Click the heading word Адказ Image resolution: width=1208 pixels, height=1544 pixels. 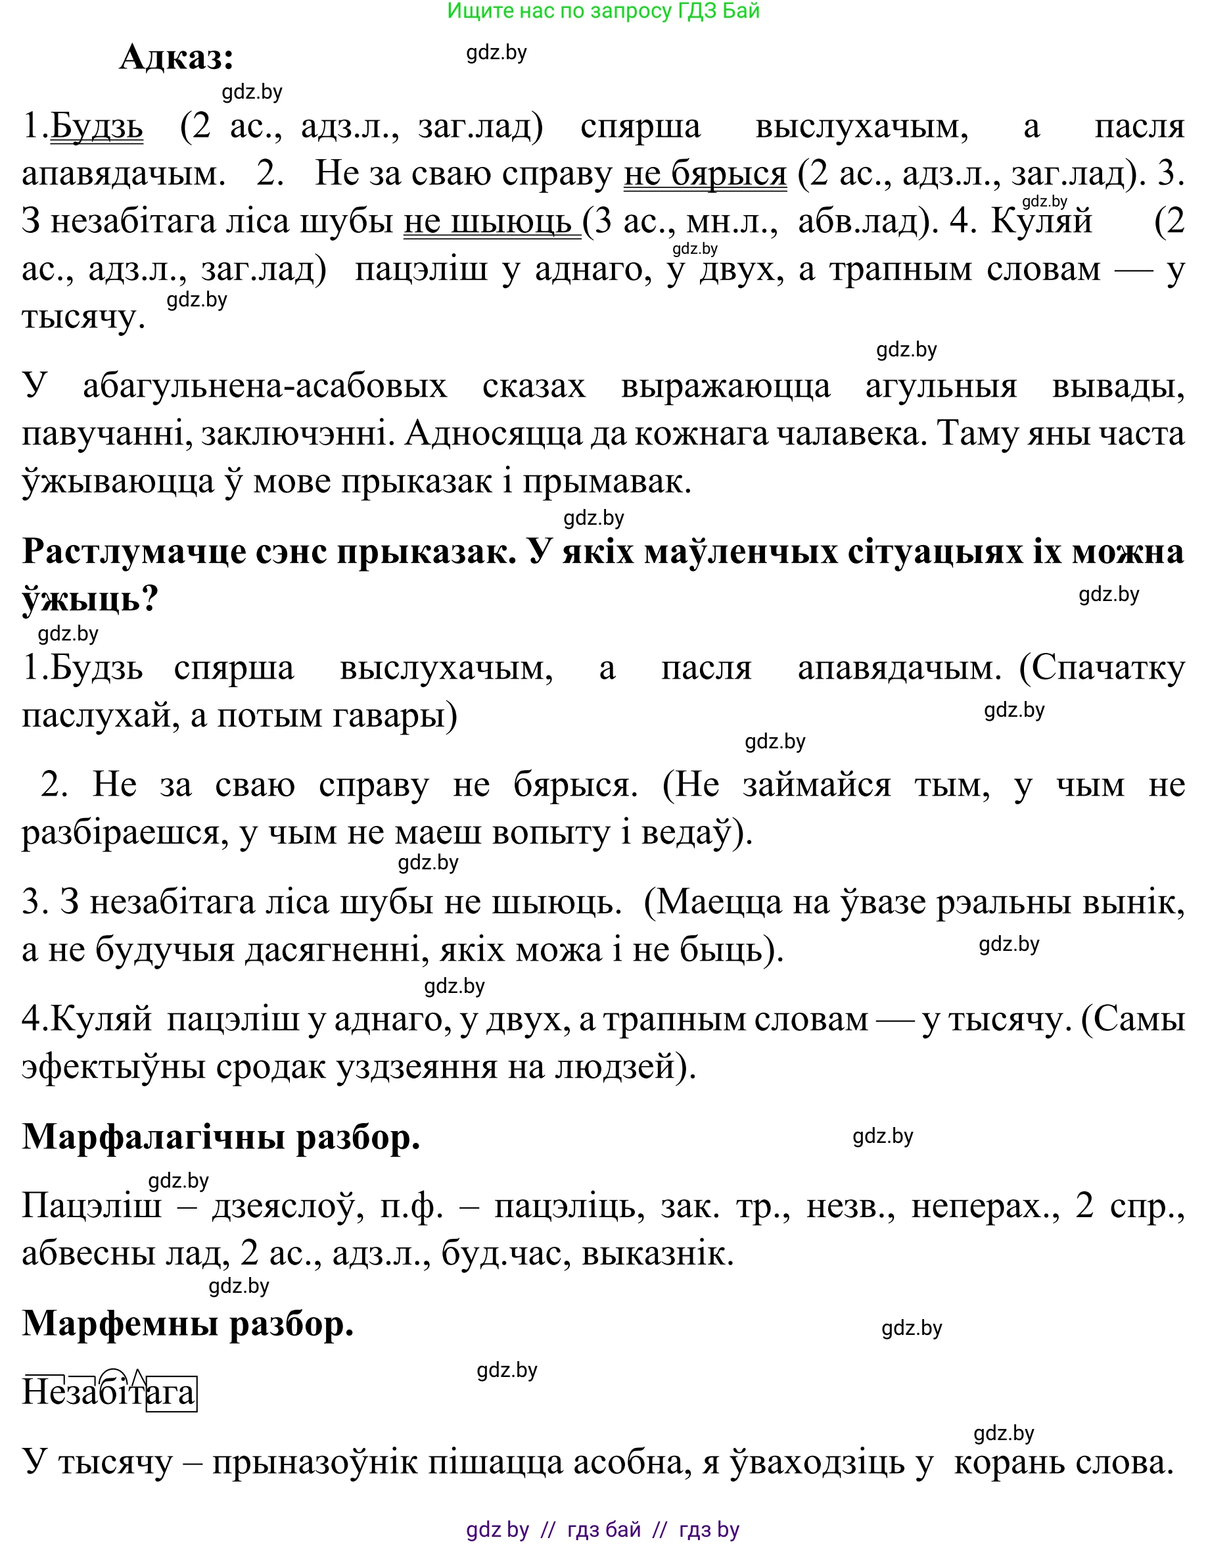[176, 57]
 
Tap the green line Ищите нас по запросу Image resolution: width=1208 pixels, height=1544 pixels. [603, 11]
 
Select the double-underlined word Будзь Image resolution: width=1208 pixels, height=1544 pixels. [97, 127]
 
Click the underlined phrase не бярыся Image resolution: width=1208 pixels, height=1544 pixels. [705, 174]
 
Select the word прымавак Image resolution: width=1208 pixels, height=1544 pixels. [606, 482]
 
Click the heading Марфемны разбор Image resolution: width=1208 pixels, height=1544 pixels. [188, 1323]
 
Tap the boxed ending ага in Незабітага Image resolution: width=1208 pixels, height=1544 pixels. [171, 1393]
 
